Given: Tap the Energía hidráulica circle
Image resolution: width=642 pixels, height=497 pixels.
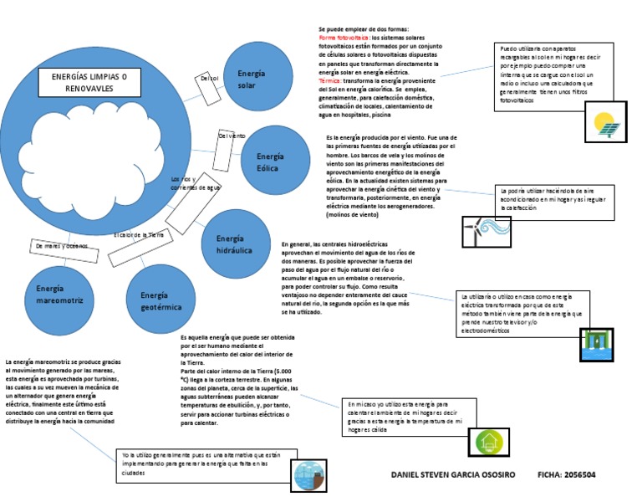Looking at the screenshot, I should (x=235, y=244).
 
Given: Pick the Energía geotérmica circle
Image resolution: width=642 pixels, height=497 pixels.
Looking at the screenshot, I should (x=160, y=300).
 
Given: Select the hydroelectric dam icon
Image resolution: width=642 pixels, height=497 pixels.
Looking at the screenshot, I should (x=597, y=344).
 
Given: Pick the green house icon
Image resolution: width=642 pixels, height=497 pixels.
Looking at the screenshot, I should (x=488, y=441).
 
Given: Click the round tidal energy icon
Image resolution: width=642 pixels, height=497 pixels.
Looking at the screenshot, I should (x=308, y=475).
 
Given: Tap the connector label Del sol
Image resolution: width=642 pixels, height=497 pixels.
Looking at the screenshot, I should (x=209, y=79).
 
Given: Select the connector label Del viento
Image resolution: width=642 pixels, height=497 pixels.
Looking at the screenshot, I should (x=232, y=136).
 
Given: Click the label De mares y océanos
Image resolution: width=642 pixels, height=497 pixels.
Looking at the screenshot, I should (x=61, y=246).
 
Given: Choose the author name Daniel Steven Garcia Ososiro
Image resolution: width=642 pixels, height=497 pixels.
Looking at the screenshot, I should (x=453, y=474).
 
